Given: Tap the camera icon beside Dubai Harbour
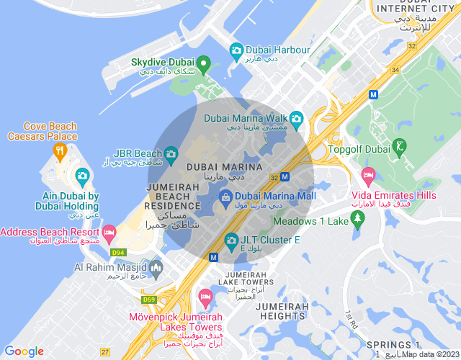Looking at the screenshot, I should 236,50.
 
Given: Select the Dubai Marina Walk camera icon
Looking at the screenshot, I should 297,118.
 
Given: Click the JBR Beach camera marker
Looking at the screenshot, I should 171,153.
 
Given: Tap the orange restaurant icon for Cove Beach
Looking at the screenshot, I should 59,151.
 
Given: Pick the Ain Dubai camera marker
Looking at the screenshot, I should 82,176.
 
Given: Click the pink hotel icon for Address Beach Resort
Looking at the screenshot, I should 109,233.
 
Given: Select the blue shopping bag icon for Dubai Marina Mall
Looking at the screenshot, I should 225,195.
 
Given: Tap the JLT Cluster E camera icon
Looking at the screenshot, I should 231,240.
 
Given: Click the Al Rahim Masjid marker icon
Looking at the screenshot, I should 156,267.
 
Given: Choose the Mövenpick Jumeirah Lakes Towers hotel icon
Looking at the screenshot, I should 205,297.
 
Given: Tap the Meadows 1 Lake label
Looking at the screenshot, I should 310,221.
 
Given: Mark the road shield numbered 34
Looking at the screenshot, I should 395,70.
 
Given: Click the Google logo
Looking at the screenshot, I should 24,351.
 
